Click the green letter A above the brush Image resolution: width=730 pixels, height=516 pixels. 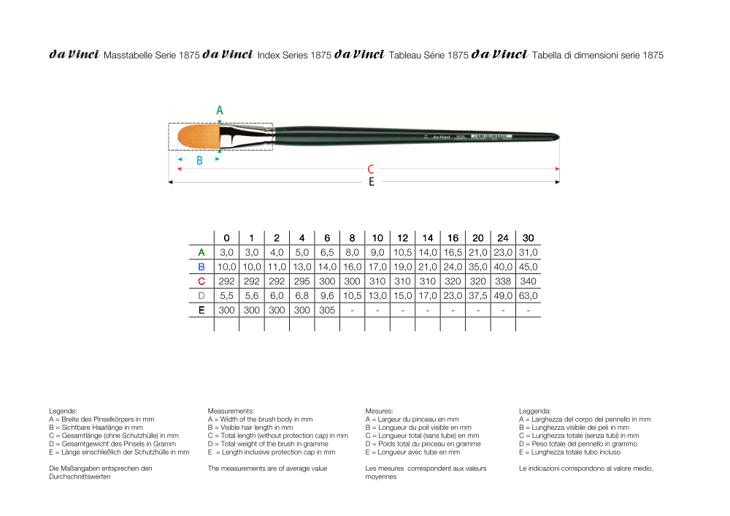pyautogui.click(x=220, y=110)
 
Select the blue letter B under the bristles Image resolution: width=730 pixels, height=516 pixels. pyautogui.click(x=199, y=160)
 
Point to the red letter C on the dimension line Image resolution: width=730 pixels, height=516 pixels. pyautogui.click(x=371, y=169)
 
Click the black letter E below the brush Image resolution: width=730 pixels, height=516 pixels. pyautogui.click(x=371, y=182)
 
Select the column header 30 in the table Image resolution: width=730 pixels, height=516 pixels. pyautogui.click(x=528, y=238)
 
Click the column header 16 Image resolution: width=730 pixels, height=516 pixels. pyautogui.click(x=453, y=238)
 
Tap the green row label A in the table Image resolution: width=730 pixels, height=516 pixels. pyautogui.click(x=201, y=252)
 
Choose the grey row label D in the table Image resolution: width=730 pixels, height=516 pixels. pyautogui.click(x=201, y=295)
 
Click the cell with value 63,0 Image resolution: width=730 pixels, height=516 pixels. pyautogui.click(x=528, y=295)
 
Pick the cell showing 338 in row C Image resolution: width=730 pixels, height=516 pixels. pyautogui.click(x=503, y=281)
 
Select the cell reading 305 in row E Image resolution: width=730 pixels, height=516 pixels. pyautogui.click(x=326, y=310)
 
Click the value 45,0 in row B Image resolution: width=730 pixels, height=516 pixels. pyautogui.click(x=528, y=267)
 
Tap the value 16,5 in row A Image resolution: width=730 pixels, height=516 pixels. pyautogui.click(x=453, y=252)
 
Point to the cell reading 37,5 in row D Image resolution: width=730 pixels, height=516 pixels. pyautogui.click(x=477, y=295)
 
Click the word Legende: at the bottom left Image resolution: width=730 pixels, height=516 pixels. pyautogui.click(x=63, y=411)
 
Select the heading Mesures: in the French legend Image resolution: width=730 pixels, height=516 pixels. pyautogui.click(x=379, y=411)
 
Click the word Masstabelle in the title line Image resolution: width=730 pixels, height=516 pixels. pyautogui.click(x=129, y=55)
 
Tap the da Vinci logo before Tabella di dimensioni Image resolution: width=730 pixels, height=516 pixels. pyautogui.click(x=500, y=54)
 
